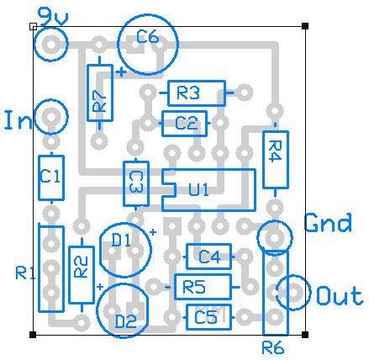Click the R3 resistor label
[188, 93]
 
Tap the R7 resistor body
[100, 93]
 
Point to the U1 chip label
[198, 189]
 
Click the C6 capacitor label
[148, 37]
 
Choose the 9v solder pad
[51, 45]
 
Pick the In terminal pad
[51, 116]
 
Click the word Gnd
[328, 222]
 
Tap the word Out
[340, 296]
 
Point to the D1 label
[121, 241]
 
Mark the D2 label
[126, 322]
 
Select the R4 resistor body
[276, 159]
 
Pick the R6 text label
[273, 348]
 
